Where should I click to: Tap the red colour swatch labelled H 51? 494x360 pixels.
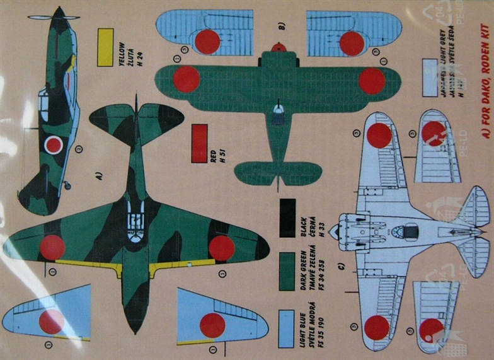click(199, 143)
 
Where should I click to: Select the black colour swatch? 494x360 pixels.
click(287, 218)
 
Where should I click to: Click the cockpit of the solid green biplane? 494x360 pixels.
click(277, 112)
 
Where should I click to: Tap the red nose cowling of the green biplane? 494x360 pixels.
click(278, 47)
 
